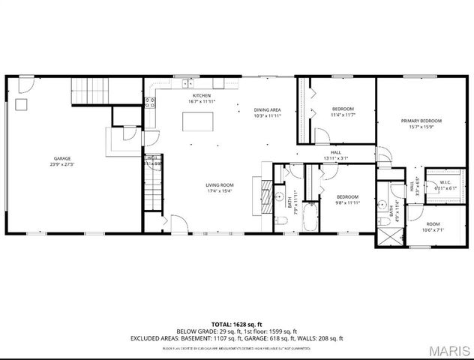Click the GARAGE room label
pyautogui.click(x=62, y=159)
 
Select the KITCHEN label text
pyautogui.click(x=201, y=96)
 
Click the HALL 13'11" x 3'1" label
pyautogui.click(x=335, y=155)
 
